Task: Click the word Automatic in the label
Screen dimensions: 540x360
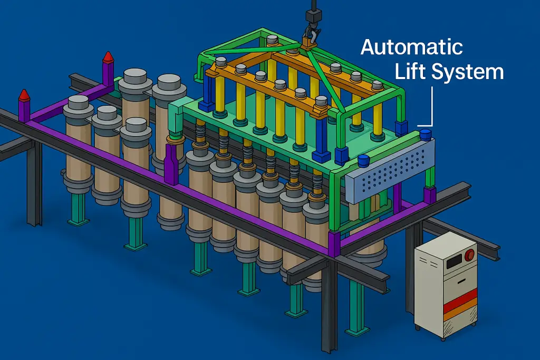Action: pyautogui.click(x=411, y=47)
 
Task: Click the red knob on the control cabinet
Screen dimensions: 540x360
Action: pyautogui.click(x=469, y=255)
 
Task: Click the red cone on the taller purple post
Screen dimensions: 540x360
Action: pyautogui.click(x=109, y=57)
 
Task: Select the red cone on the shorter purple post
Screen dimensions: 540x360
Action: pyautogui.click(x=24, y=95)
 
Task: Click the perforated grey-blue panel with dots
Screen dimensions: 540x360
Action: pyautogui.click(x=390, y=171)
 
